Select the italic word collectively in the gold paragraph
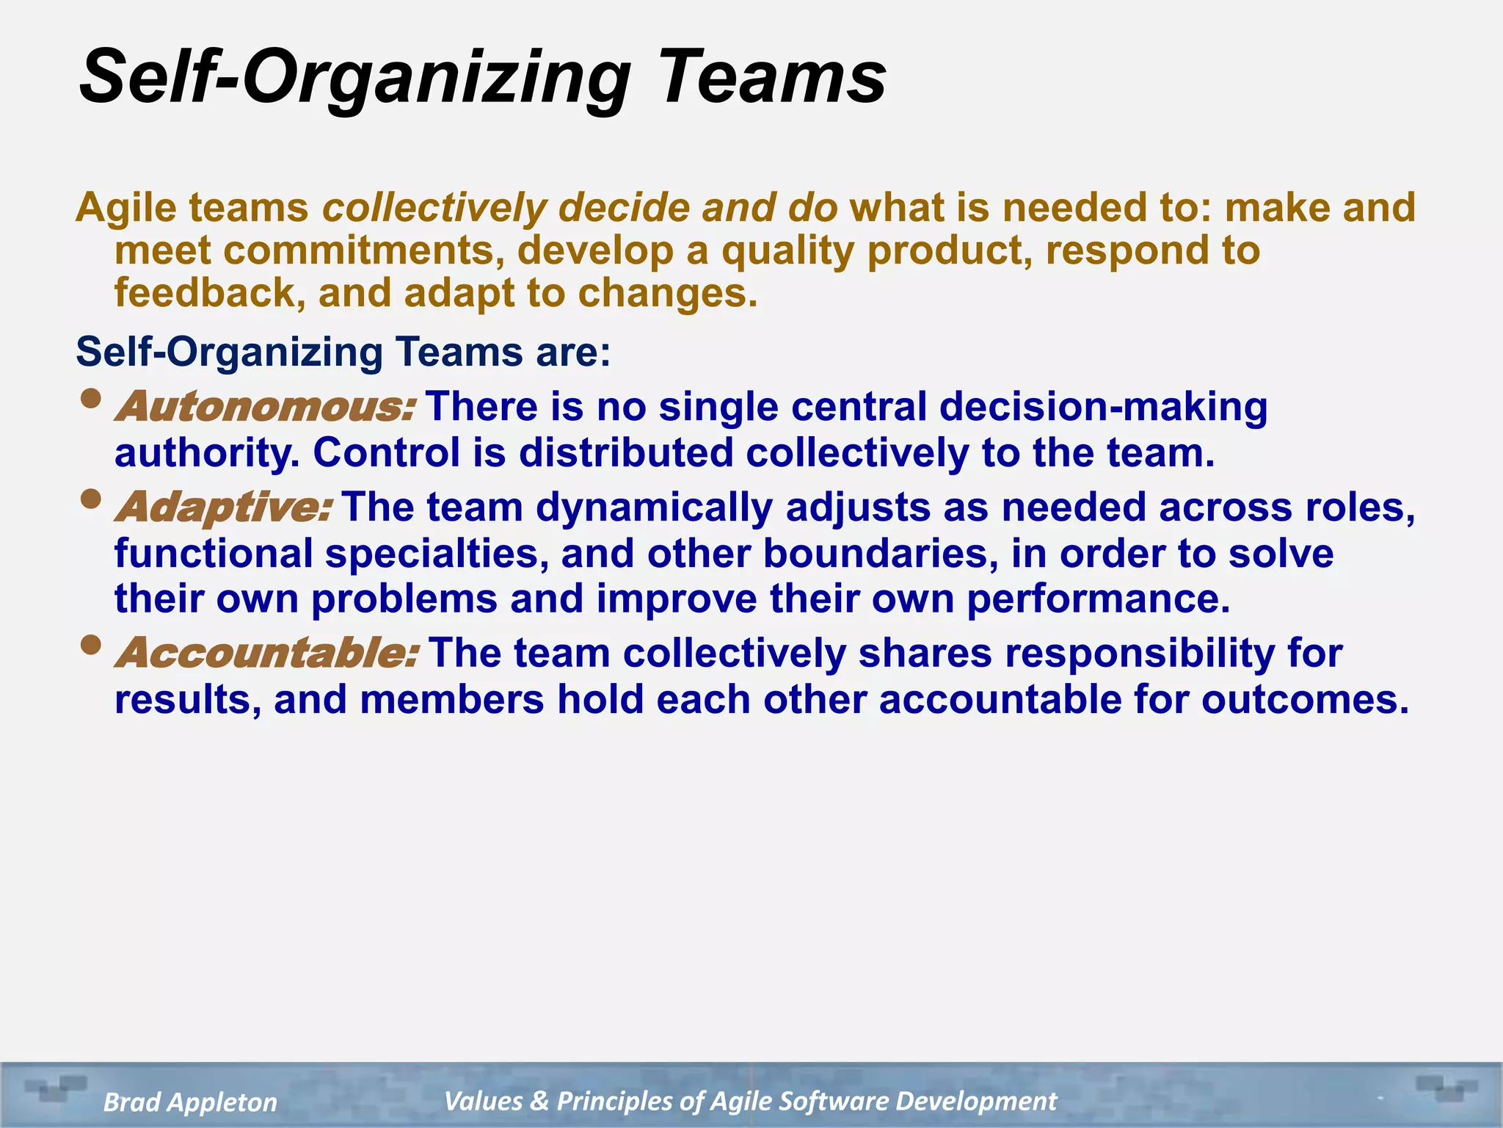(x=434, y=208)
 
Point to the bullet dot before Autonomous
(x=91, y=399)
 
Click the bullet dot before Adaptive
(x=91, y=500)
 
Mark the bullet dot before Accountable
(x=91, y=646)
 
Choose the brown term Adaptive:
(x=223, y=508)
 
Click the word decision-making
(x=1103, y=407)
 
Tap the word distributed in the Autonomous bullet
(x=626, y=453)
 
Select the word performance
(x=1096, y=599)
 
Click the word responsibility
(x=1140, y=654)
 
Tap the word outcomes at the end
(x=1304, y=700)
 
